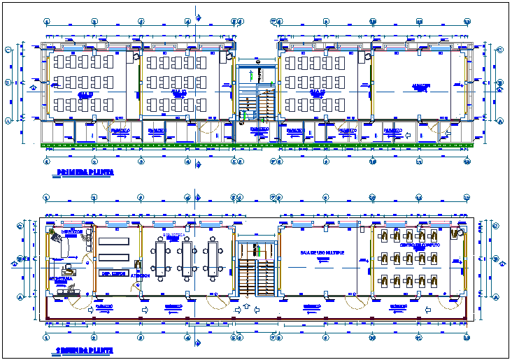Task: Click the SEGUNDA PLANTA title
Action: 77,350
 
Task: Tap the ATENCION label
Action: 141,275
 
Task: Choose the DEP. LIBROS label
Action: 113,274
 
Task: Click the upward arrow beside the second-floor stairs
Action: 246,308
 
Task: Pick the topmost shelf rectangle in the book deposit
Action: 113,241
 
